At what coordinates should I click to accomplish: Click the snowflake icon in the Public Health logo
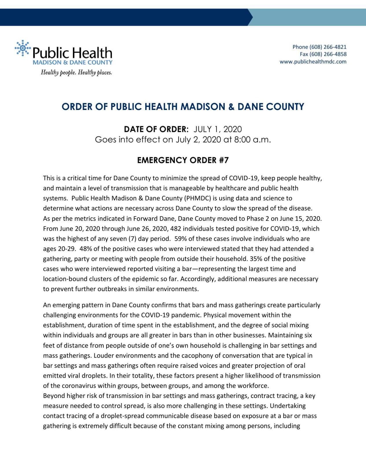[x=23, y=48]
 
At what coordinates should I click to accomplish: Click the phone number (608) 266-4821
[x=328, y=47]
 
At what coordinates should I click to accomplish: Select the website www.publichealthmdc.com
[x=313, y=62]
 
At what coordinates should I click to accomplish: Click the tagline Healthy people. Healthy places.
[x=76, y=72]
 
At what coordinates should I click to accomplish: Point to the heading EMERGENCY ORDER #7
[x=183, y=160]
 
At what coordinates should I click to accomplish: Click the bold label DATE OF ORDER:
[x=156, y=129]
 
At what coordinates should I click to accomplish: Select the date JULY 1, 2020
[x=218, y=129]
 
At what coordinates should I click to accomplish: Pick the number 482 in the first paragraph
[x=176, y=229]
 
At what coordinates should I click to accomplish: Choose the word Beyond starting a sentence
[x=54, y=396]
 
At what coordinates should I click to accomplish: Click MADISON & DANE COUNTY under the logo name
[x=72, y=63]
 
